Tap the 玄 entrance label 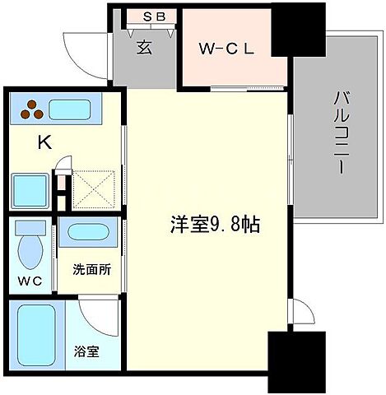[144, 49]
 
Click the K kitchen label [44, 142]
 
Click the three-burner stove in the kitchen [32, 109]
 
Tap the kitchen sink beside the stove [73, 109]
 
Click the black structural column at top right [292, 30]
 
